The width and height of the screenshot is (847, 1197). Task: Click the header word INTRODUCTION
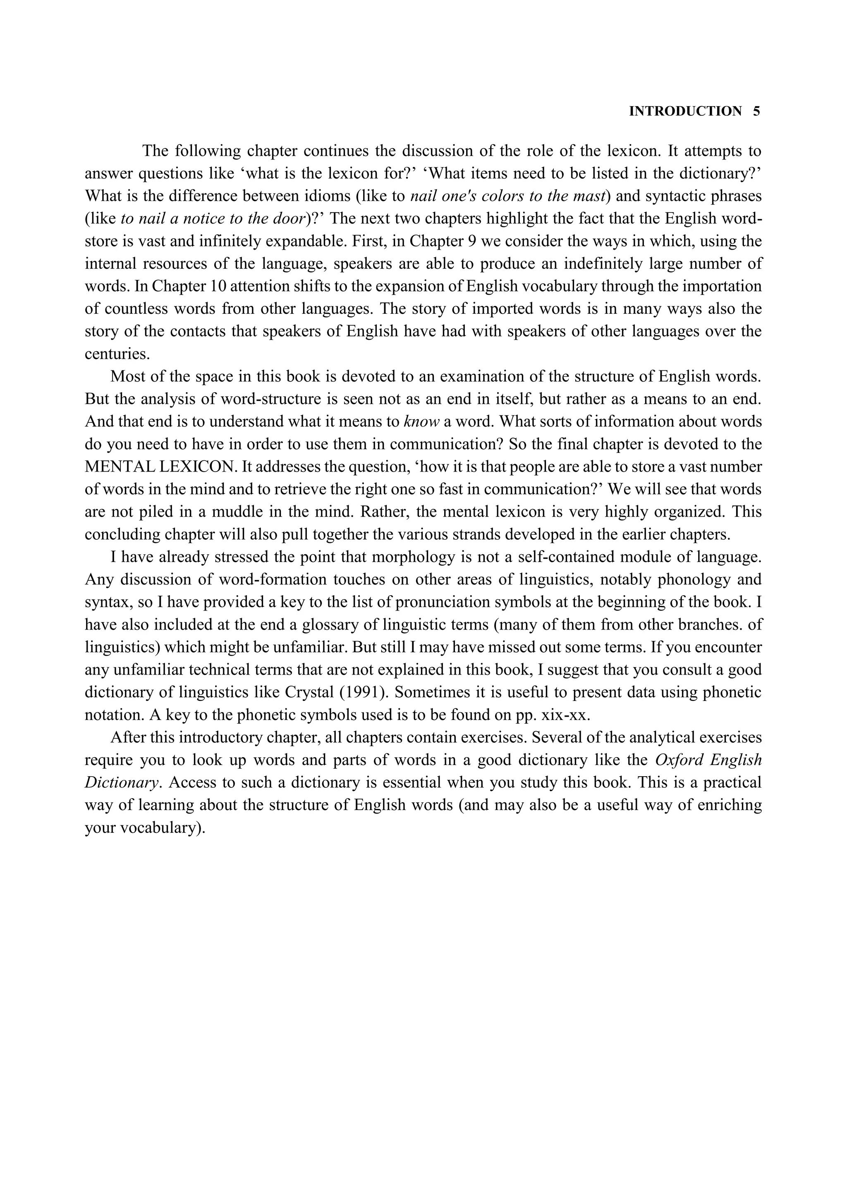(x=685, y=111)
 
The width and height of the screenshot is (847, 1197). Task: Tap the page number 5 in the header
(x=756, y=111)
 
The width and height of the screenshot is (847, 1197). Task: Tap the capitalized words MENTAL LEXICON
(x=160, y=467)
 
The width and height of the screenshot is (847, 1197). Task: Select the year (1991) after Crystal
(x=364, y=692)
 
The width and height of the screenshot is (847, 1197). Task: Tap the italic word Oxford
(x=679, y=760)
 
